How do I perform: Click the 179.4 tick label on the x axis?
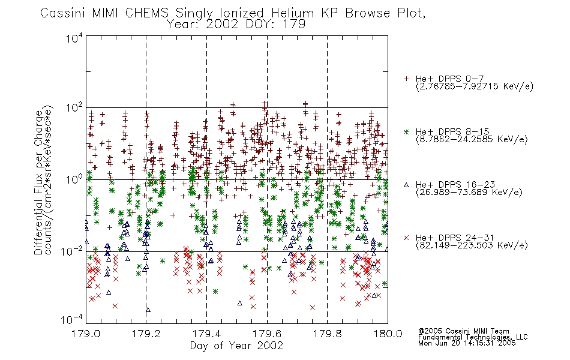(x=206, y=334)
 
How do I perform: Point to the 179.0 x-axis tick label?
(x=86, y=334)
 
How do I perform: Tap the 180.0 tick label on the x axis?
(x=388, y=334)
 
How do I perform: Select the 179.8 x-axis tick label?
(x=327, y=334)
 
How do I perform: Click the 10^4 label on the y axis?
(x=74, y=38)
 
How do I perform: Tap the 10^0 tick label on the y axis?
(x=74, y=179)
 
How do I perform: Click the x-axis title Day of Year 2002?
(x=236, y=346)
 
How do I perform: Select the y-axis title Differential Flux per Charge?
(x=38, y=182)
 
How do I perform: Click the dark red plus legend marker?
(x=406, y=79)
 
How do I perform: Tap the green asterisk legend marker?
(x=406, y=132)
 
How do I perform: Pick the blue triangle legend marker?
(x=406, y=185)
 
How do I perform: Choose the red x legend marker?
(x=406, y=238)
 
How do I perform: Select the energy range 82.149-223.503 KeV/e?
(x=472, y=245)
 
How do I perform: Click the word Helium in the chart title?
(x=292, y=13)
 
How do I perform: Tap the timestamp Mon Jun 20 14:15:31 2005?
(x=467, y=343)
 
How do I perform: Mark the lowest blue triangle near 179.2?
(x=148, y=310)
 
